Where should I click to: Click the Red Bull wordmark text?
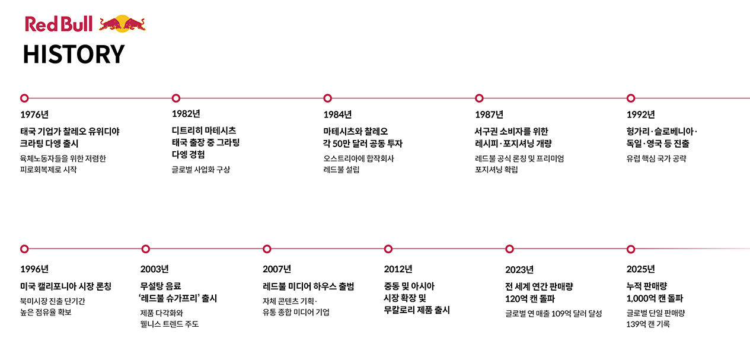coord(59,24)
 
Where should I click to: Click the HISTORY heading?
coord(74,54)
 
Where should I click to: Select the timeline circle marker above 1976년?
coord(24,98)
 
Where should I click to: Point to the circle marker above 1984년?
coord(328,98)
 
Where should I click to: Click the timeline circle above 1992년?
coord(631,98)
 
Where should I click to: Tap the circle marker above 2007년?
coord(267,249)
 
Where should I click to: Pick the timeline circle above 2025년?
coord(631,249)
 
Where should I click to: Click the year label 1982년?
coord(186,114)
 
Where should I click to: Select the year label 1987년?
coord(489,114)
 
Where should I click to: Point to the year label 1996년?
coord(34,269)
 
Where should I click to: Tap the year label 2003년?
coord(154,269)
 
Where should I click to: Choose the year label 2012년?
coord(398,269)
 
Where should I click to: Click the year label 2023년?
coord(519,270)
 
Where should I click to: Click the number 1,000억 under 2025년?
coord(641,298)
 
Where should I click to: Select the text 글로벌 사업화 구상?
coord(201,170)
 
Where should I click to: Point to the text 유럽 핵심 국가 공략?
coord(656,159)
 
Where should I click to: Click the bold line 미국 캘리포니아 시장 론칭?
coord(66,286)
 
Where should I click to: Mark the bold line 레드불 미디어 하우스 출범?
coord(308,286)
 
